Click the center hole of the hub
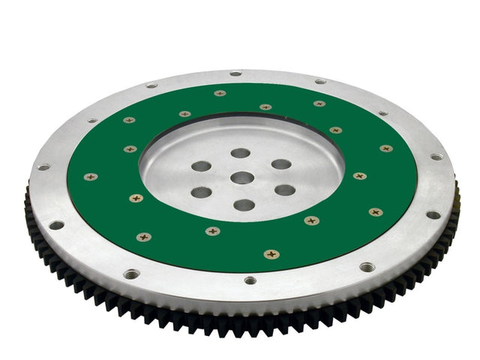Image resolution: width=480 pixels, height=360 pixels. [x=241, y=178]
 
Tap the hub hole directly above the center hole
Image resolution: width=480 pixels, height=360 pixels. [x=240, y=153]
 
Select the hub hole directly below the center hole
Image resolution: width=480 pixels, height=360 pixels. [x=244, y=204]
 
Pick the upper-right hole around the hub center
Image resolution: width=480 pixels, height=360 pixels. [x=281, y=164]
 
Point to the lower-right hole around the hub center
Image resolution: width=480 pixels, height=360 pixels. [x=284, y=190]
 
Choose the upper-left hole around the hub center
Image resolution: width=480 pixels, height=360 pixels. [x=200, y=166]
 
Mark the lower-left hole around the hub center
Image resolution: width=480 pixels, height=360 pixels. [x=201, y=192]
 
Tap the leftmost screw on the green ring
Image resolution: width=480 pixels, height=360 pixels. [x=91, y=177]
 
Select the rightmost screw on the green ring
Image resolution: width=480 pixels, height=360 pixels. [x=386, y=148]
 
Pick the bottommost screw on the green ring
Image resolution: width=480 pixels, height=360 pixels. [x=271, y=253]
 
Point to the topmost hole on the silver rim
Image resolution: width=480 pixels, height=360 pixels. [x=235, y=73]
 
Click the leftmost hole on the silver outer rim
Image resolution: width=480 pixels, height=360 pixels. [x=43, y=166]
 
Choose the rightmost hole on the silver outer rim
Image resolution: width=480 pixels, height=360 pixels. [x=436, y=157]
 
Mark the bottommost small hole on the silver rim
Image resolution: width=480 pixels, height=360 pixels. [x=250, y=280]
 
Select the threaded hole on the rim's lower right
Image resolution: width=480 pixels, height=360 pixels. [x=367, y=266]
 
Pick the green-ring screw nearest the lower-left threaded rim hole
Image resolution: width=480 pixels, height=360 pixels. [x=144, y=237]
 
